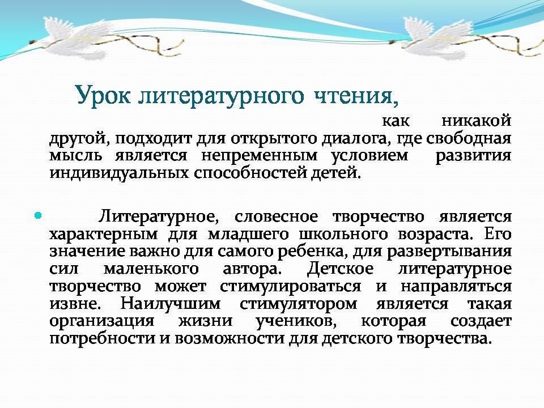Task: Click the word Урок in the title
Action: (103, 95)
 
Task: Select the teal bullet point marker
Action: (38, 216)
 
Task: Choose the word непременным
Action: (259, 156)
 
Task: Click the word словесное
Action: (276, 217)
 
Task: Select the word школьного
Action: (343, 235)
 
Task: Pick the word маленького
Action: (151, 269)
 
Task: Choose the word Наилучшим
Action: (171, 304)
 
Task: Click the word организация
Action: (101, 321)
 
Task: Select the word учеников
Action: (296, 321)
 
